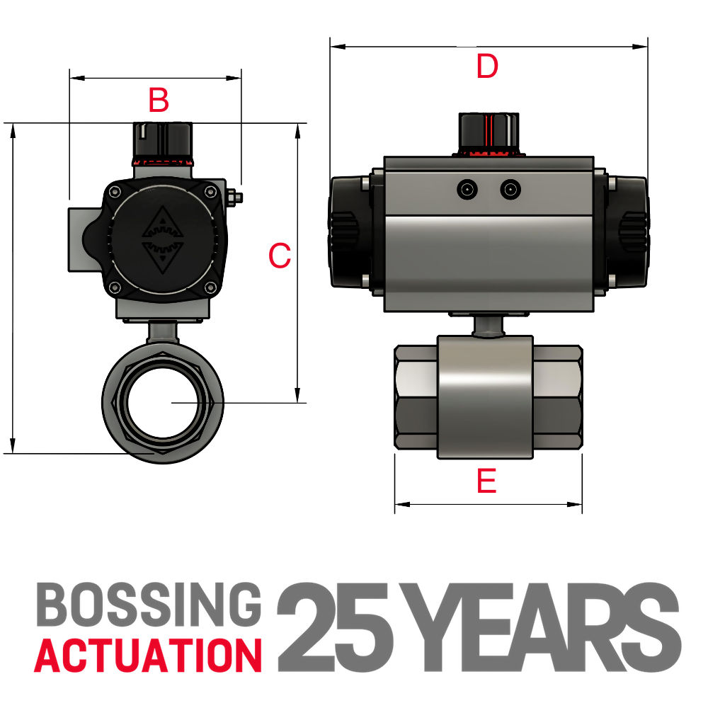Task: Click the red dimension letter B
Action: [x=159, y=101]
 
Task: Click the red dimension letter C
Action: [x=280, y=256]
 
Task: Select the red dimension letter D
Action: [x=487, y=67]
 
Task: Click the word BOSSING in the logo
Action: [x=147, y=605]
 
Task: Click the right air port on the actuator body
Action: [x=509, y=189]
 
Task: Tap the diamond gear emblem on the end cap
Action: [x=163, y=240]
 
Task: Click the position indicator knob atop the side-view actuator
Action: [x=487, y=132]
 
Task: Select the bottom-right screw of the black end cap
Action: [x=210, y=287]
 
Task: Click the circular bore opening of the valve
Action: [x=163, y=402]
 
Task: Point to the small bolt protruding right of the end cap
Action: [x=236, y=196]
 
